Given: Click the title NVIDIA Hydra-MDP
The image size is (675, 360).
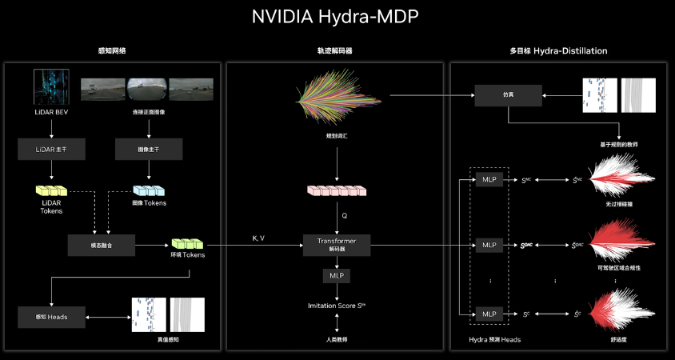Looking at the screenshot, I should [337, 16].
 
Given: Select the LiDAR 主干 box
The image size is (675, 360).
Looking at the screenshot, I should [50, 148].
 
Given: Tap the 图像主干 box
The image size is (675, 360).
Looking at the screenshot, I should [150, 148].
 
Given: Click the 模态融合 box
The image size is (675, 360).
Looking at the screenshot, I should [101, 244].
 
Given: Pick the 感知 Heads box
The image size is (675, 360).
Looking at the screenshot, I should [50, 317].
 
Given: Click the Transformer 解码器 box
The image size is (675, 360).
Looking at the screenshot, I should [337, 245].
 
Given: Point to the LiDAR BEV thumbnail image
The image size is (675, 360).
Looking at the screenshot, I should [50, 86].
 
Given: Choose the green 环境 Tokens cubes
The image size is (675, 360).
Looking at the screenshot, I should [187, 242].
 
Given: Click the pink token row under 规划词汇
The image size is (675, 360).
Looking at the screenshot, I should [336, 191].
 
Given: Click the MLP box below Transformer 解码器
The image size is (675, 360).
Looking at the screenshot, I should [336, 276].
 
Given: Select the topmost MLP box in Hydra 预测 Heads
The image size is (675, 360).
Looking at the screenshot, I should [488, 179].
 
